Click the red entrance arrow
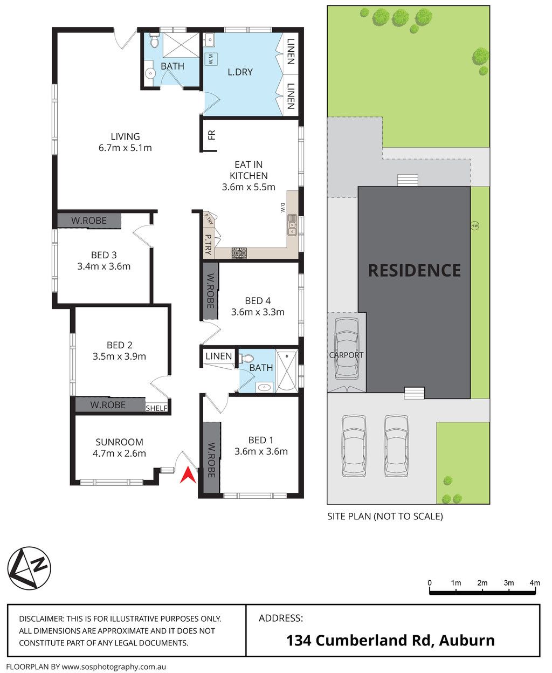188,476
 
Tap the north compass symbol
29,568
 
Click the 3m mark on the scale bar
509,583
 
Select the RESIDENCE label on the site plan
414,270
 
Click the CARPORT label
346,355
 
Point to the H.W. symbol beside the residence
475,226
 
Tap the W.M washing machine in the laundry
211,59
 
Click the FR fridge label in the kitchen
212,135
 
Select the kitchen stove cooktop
239,253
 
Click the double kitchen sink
292,225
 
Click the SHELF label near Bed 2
156,408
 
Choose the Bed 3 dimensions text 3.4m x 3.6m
104,266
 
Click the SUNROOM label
119,442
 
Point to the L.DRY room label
240,72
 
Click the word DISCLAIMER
42,619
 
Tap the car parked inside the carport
347,349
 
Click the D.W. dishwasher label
282,208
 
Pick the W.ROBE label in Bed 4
210,290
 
